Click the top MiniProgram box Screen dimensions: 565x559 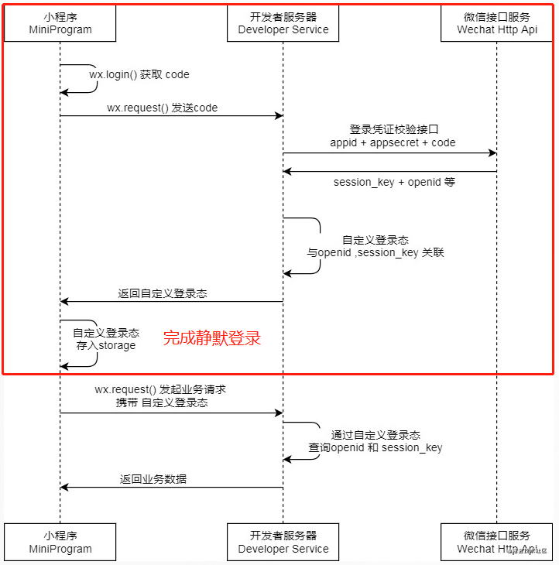click(x=60, y=22)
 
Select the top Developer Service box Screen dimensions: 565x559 click(x=283, y=22)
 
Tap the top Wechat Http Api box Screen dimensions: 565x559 click(x=497, y=22)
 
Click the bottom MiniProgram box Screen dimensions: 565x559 click(x=60, y=542)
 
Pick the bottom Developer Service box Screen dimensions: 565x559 click(x=283, y=542)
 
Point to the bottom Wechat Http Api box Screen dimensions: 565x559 click(x=497, y=542)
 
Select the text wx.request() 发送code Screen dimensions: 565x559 click(x=163, y=108)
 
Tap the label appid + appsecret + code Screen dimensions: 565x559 click(x=393, y=142)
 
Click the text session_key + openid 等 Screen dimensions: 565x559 click(x=394, y=182)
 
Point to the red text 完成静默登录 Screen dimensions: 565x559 click(x=211, y=337)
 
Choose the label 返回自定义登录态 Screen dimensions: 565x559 click(x=163, y=294)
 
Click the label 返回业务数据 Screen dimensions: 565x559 click(x=153, y=479)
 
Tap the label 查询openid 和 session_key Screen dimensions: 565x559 click(x=376, y=448)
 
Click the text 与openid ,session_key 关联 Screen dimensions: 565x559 click(x=376, y=253)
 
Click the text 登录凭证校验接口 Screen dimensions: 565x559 click(x=399, y=129)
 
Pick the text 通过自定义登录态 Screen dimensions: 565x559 click(x=376, y=435)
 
